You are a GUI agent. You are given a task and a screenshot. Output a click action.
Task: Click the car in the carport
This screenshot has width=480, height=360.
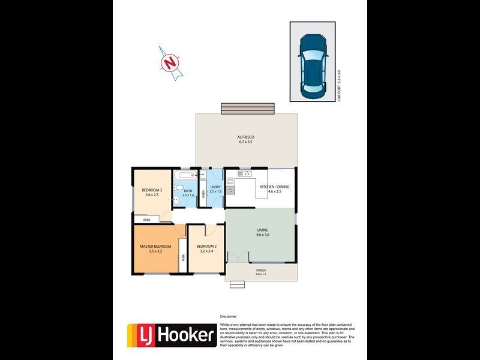[x=314, y=65]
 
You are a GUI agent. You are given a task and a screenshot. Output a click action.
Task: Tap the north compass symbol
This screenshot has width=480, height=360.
[x=172, y=62]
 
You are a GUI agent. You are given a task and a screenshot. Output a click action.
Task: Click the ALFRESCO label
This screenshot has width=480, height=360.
[x=246, y=137]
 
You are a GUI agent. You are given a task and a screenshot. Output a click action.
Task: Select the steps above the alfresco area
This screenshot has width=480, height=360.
[x=248, y=108]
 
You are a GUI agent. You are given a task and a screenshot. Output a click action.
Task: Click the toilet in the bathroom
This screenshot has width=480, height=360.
[x=178, y=189]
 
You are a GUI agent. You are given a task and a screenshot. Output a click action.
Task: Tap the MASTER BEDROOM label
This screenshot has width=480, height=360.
[x=155, y=247]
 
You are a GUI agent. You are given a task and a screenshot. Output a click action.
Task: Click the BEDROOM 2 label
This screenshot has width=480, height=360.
[x=206, y=247]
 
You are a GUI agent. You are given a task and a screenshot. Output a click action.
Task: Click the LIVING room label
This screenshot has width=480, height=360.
[x=263, y=230]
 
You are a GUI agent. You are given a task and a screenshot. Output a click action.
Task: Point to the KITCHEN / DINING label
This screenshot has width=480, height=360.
[x=274, y=187]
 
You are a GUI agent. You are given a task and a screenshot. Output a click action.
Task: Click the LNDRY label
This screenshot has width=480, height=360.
[x=215, y=187]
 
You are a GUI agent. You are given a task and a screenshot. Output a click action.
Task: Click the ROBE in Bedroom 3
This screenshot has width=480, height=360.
[x=147, y=220]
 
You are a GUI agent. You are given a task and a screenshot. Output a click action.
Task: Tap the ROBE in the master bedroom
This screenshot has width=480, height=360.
[x=182, y=259]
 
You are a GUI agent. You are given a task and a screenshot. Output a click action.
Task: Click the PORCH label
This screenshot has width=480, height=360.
[x=260, y=271]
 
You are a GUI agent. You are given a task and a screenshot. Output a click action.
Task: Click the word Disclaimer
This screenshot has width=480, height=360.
[x=229, y=316]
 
